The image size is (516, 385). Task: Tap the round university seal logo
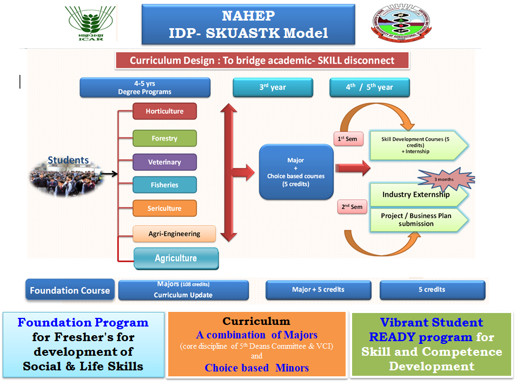tap(401, 24)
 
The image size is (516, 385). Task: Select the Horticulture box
tap(164, 112)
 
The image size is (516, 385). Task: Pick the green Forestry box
tap(164, 138)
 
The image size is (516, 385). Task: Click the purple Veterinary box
tap(164, 162)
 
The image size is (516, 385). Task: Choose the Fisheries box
tap(164, 185)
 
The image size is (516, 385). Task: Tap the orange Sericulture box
tap(164, 208)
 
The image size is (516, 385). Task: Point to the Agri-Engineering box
tap(174, 234)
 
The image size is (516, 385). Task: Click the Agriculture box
tap(176, 258)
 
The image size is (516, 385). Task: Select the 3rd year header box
tap(271, 87)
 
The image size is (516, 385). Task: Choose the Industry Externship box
tap(416, 195)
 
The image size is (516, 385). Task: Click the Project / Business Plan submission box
tap(416, 220)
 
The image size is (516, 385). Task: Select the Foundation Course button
tap(70, 290)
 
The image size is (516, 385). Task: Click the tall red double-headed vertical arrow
tap(229, 173)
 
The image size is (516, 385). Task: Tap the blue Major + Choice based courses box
tap(295, 172)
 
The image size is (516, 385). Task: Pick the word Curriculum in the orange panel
tap(256, 321)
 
